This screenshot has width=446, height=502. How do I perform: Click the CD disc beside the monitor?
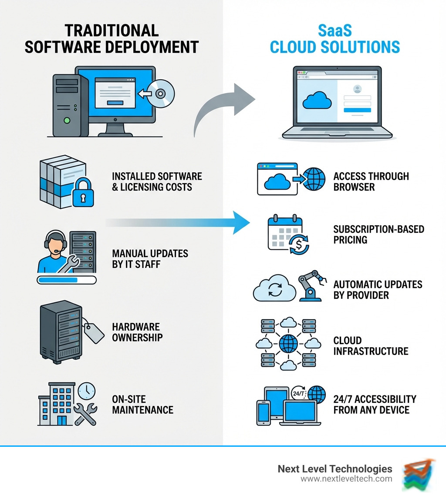161,93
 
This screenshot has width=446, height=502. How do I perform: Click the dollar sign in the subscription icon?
299,245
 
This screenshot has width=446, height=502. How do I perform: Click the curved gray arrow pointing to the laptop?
222,109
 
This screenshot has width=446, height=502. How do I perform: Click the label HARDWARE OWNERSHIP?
136,332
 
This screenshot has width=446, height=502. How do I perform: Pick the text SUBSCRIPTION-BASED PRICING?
378,234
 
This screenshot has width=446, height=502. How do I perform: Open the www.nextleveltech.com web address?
346,479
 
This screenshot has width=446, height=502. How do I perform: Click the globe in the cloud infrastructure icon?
288,343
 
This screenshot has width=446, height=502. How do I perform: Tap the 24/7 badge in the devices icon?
299,393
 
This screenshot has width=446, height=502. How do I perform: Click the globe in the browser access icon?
314,179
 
